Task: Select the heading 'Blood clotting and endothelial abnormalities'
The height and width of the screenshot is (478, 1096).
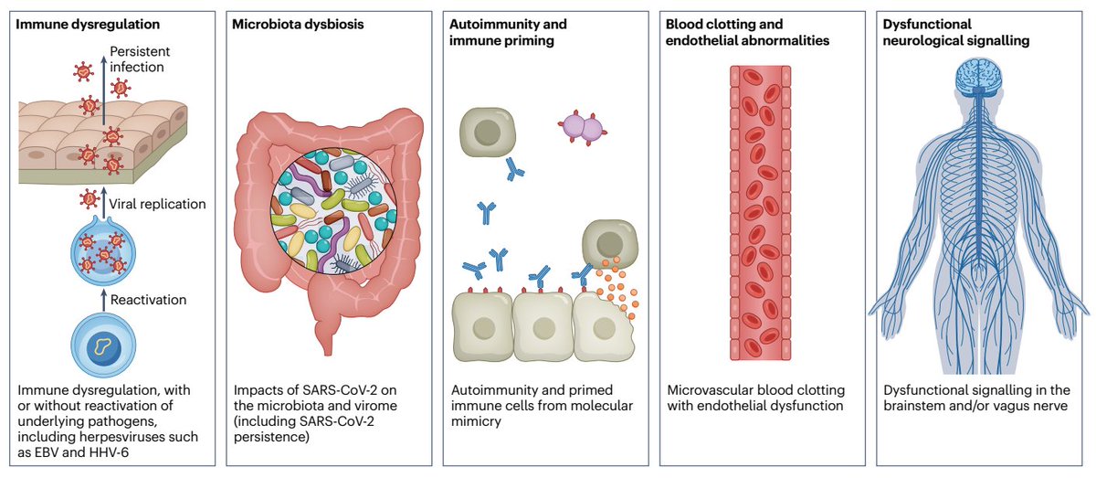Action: pyautogui.click(x=736, y=32)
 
